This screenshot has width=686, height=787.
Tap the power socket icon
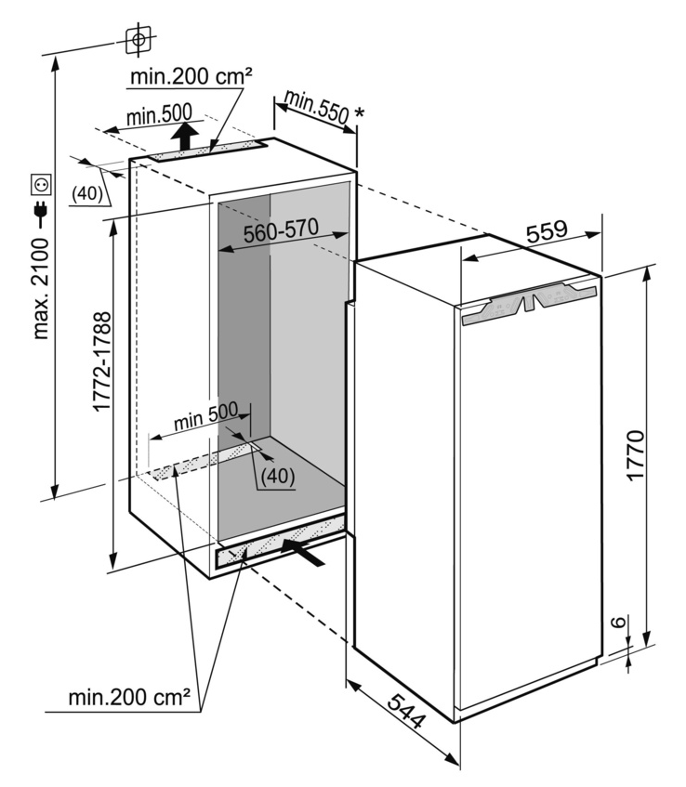41,182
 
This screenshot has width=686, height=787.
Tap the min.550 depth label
316,106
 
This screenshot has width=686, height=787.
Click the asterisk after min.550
359,114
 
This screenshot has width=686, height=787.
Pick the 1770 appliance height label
636,455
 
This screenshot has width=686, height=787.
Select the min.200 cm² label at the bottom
129,696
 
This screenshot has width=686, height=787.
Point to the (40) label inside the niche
277,475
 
